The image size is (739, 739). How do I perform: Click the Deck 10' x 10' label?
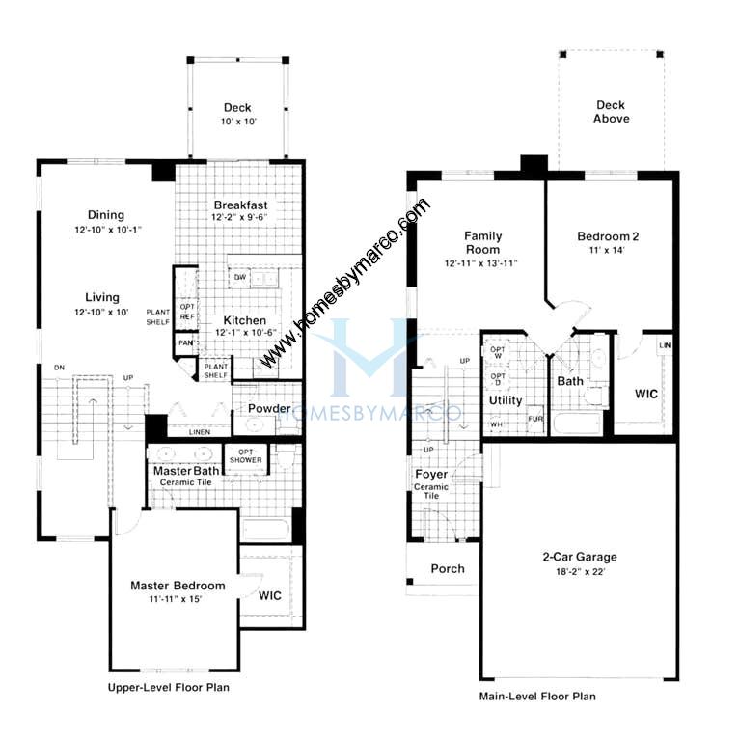(x=237, y=115)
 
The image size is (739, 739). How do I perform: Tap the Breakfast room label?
(x=240, y=205)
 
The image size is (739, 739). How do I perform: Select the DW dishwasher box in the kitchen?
(x=238, y=278)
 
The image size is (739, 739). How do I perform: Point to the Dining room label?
(x=106, y=215)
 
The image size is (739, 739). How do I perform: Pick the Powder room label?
(x=269, y=408)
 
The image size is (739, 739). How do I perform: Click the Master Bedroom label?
(x=178, y=586)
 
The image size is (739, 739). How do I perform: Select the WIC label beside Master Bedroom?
(x=271, y=595)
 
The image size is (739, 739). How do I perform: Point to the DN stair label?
(x=60, y=368)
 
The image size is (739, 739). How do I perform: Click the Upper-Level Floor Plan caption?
(x=168, y=688)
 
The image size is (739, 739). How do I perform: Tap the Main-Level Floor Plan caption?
(x=537, y=696)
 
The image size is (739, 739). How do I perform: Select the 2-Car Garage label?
(x=578, y=557)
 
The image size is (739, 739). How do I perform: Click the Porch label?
(x=447, y=568)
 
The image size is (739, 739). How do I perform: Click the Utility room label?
(x=506, y=399)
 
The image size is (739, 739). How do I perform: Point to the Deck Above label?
(x=612, y=112)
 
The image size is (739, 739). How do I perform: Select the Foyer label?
(x=431, y=475)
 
